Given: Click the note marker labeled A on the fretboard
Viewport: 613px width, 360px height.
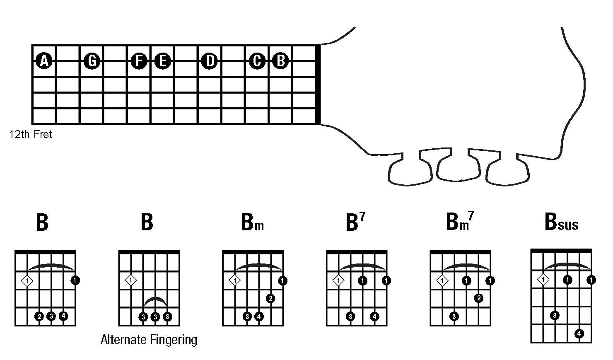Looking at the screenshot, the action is click(x=44, y=61).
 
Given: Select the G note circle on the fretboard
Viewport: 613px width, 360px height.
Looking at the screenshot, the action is click(x=92, y=61).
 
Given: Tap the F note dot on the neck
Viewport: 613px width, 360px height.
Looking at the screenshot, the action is click(x=139, y=61).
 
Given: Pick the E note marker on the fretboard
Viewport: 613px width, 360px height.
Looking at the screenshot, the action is click(x=162, y=61).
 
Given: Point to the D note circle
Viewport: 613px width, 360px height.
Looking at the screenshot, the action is click(x=210, y=61).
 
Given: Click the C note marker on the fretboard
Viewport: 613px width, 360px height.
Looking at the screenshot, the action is click(x=257, y=61).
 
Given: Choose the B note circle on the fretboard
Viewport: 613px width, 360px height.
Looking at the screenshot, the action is click(x=280, y=61).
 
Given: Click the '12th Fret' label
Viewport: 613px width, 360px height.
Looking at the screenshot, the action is click(x=31, y=135).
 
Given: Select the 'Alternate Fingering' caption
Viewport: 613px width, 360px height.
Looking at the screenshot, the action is click(x=149, y=340).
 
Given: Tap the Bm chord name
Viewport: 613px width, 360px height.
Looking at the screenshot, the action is click(x=252, y=222).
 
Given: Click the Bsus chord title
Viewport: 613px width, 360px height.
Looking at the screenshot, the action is click(x=561, y=222).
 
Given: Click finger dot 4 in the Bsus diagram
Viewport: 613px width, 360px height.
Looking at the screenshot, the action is click(x=579, y=333).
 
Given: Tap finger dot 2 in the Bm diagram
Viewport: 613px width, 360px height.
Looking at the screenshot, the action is click(x=270, y=298).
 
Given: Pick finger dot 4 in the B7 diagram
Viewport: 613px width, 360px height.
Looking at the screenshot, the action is click(x=374, y=317).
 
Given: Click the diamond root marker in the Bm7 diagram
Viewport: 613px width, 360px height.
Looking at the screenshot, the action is click(x=443, y=281).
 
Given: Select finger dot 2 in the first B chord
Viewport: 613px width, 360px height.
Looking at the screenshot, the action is click(x=39, y=317).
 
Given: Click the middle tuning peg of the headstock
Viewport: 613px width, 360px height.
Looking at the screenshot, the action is click(x=459, y=166).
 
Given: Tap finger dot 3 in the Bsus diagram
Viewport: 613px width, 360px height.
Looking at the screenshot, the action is click(x=555, y=316).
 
